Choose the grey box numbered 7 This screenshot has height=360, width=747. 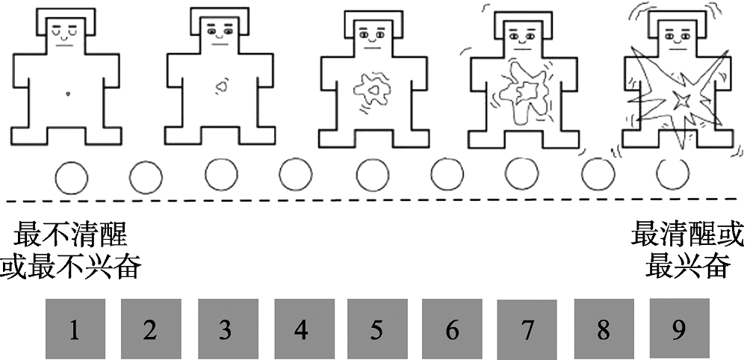528,330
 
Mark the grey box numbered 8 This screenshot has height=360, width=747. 604,329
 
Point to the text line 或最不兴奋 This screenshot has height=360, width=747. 71,266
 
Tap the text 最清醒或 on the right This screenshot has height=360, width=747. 687,236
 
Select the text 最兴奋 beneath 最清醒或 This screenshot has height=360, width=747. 687,265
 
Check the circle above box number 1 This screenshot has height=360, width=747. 71,178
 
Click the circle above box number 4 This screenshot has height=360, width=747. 296,176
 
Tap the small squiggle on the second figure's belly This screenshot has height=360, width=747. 221,87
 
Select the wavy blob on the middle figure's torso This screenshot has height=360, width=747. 371,92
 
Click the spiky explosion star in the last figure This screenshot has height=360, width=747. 681,99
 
